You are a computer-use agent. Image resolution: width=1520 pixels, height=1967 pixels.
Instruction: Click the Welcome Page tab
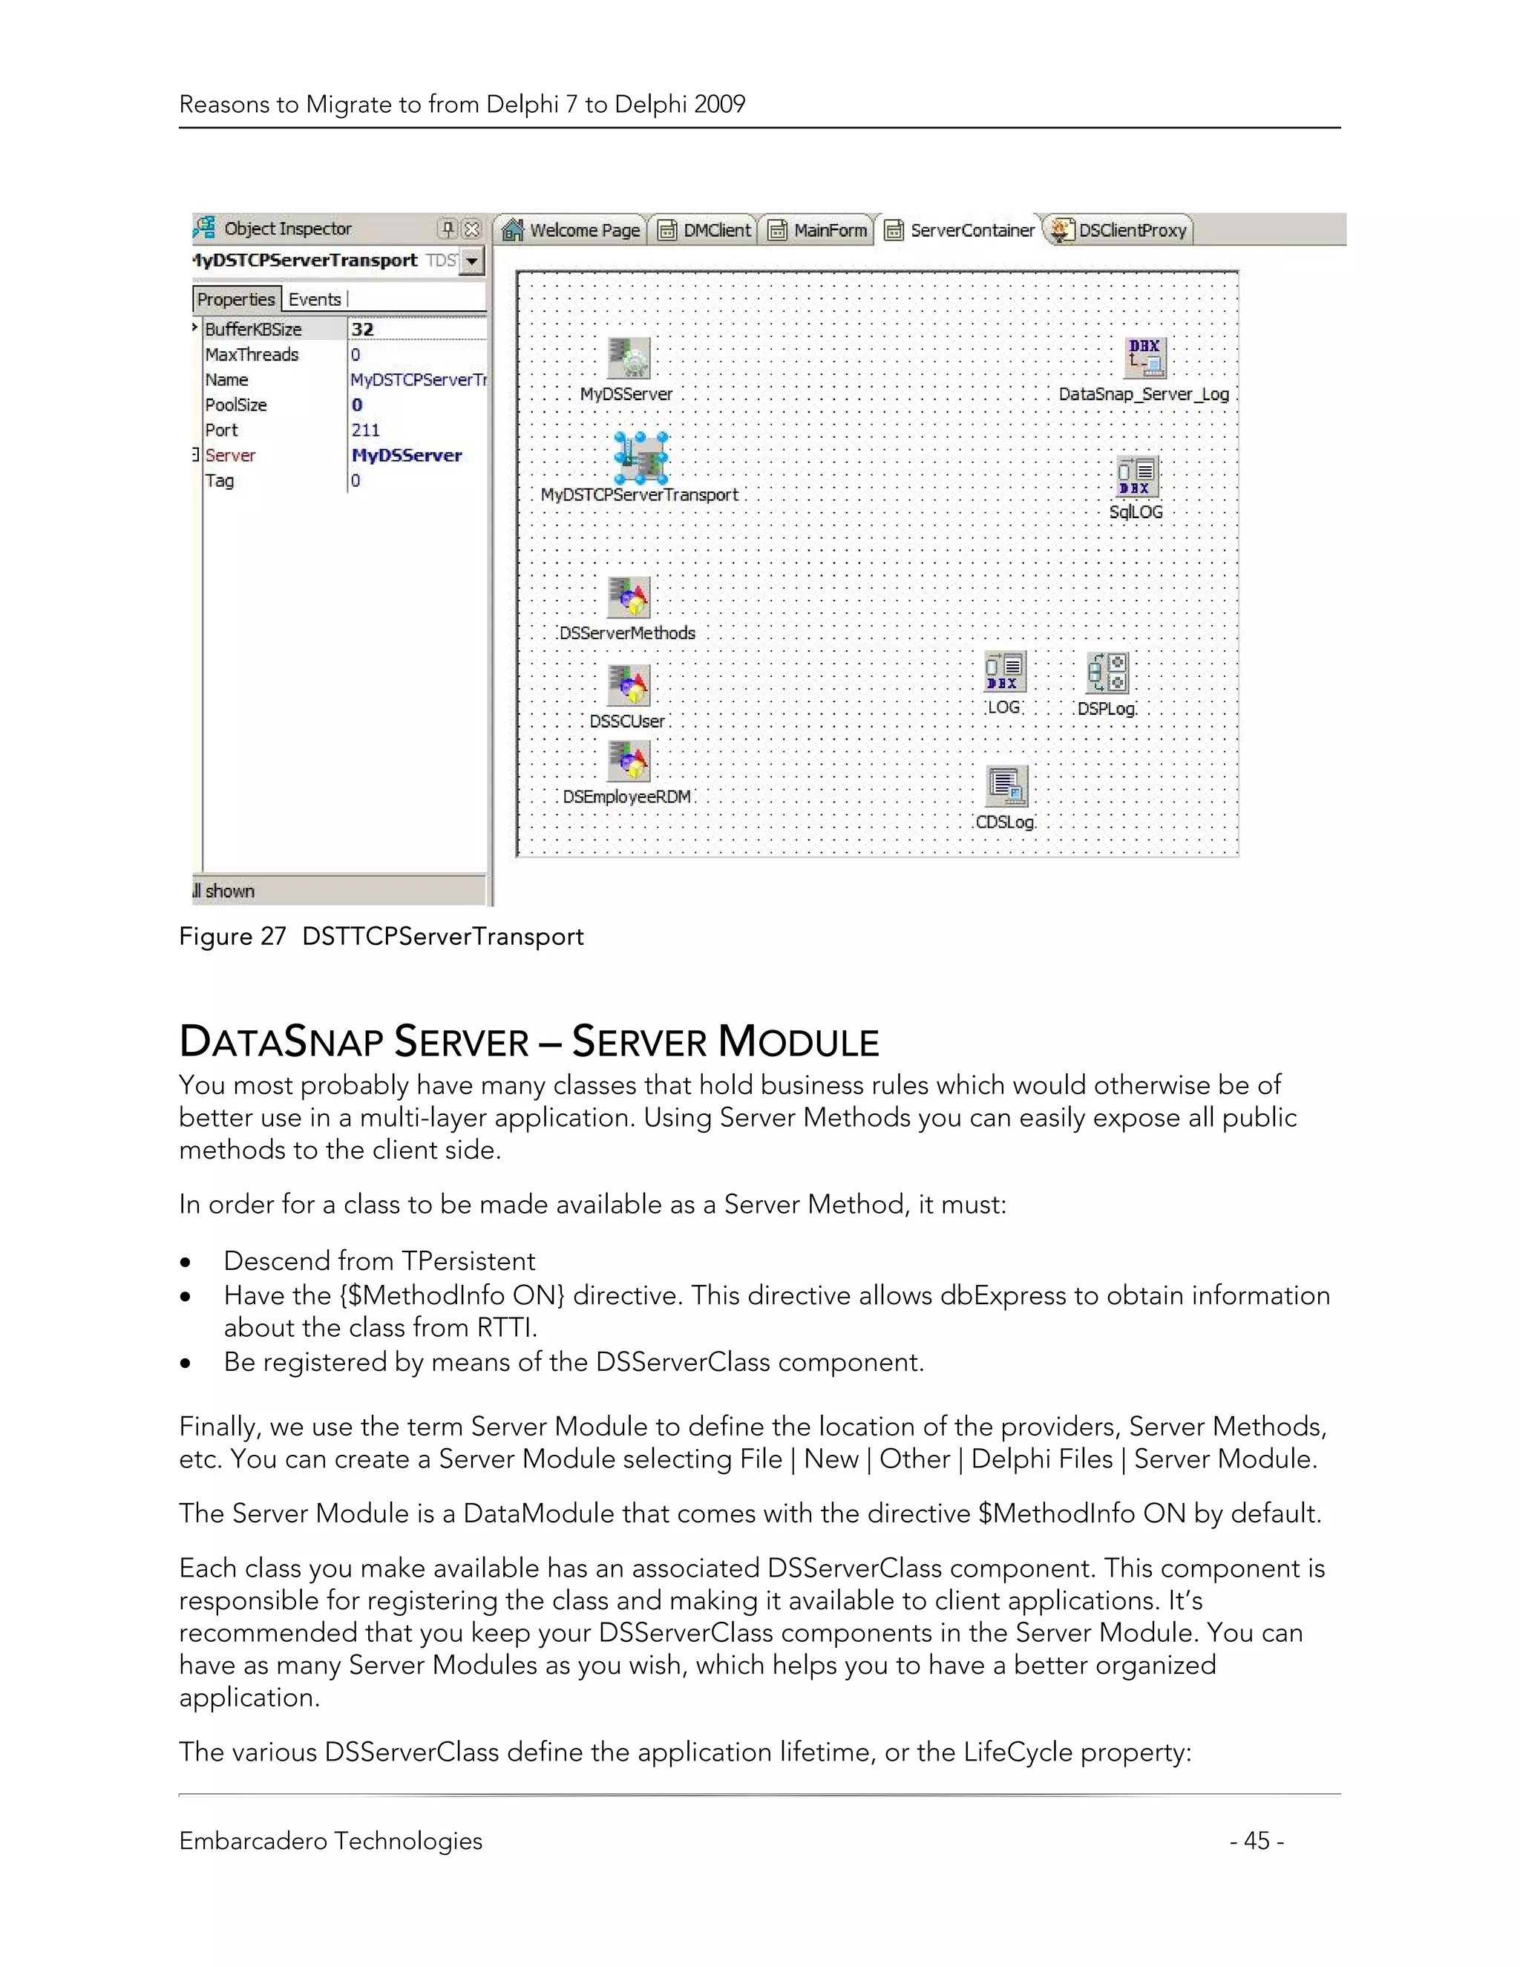pyautogui.click(x=573, y=231)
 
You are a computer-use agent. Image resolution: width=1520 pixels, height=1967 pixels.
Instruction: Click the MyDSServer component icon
pyautogui.click(x=629, y=359)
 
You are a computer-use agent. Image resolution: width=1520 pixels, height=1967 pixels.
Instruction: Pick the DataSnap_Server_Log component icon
pyautogui.click(x=1144, y=359)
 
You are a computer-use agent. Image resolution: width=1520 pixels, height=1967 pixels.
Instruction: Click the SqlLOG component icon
pyautogui.click(x=1136, y=477)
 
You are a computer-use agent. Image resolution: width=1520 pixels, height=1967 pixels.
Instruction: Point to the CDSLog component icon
pyautogui.click(x=1006, y=787)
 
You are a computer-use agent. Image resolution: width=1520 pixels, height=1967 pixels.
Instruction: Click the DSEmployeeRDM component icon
pyautogui.click(x=629, y=762)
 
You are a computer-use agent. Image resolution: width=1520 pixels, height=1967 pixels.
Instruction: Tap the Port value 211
pyautogui.click(x=366, y=431)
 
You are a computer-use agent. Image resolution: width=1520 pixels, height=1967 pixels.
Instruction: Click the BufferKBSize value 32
pyautogui.click(x=363, y=330)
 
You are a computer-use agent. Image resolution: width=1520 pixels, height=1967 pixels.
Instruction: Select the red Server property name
pyautogui.click(x=231, y=456)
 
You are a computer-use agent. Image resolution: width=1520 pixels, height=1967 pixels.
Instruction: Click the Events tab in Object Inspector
pyautogui.click(x=314, y=300)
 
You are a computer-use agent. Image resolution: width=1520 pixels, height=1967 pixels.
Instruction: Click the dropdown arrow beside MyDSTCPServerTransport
pyautogui.click(x=473, y=261)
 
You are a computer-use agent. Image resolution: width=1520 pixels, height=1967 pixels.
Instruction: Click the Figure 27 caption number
pyautogui.click(x=272, y=937)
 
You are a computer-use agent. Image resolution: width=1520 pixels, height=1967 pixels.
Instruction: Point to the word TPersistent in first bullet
pyautogui.click(x=468, y=1261)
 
